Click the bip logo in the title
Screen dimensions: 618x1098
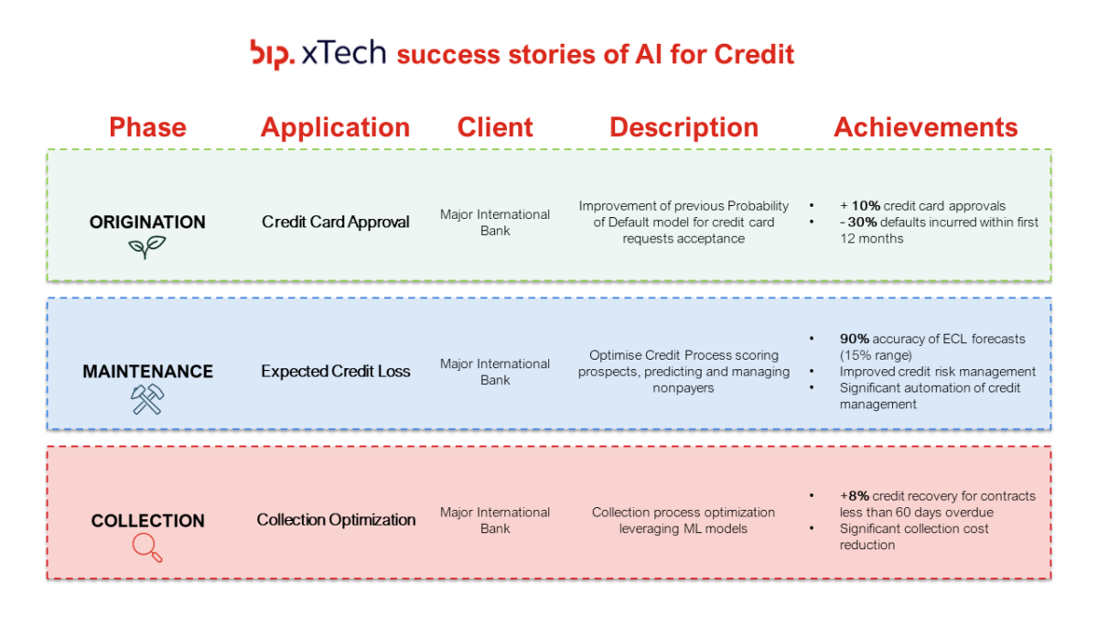tap(272, 53)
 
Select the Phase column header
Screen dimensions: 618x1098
tap(147, 127)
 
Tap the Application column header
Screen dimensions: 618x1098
tap(335, 127)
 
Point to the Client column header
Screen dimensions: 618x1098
tap(495, 127)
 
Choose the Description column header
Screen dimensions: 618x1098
tap(684, 127)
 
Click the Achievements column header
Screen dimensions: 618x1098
tap(925, 127)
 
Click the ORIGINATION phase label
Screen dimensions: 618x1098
tap(147, 222)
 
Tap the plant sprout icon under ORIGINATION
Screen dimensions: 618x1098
tap(146, 247)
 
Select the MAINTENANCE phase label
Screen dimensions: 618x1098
tap(147, 371)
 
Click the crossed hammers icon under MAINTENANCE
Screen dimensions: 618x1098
tap(146, 399)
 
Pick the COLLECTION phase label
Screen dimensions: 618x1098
tap(147, 520)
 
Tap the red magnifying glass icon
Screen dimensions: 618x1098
tap(146, 548)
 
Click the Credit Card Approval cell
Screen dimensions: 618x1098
tap(335, 222)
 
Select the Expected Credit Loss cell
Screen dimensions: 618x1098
tap(335, 371)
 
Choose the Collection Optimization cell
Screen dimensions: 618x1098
tap(335, 520)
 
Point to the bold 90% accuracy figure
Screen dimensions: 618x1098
tap(855, 339)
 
